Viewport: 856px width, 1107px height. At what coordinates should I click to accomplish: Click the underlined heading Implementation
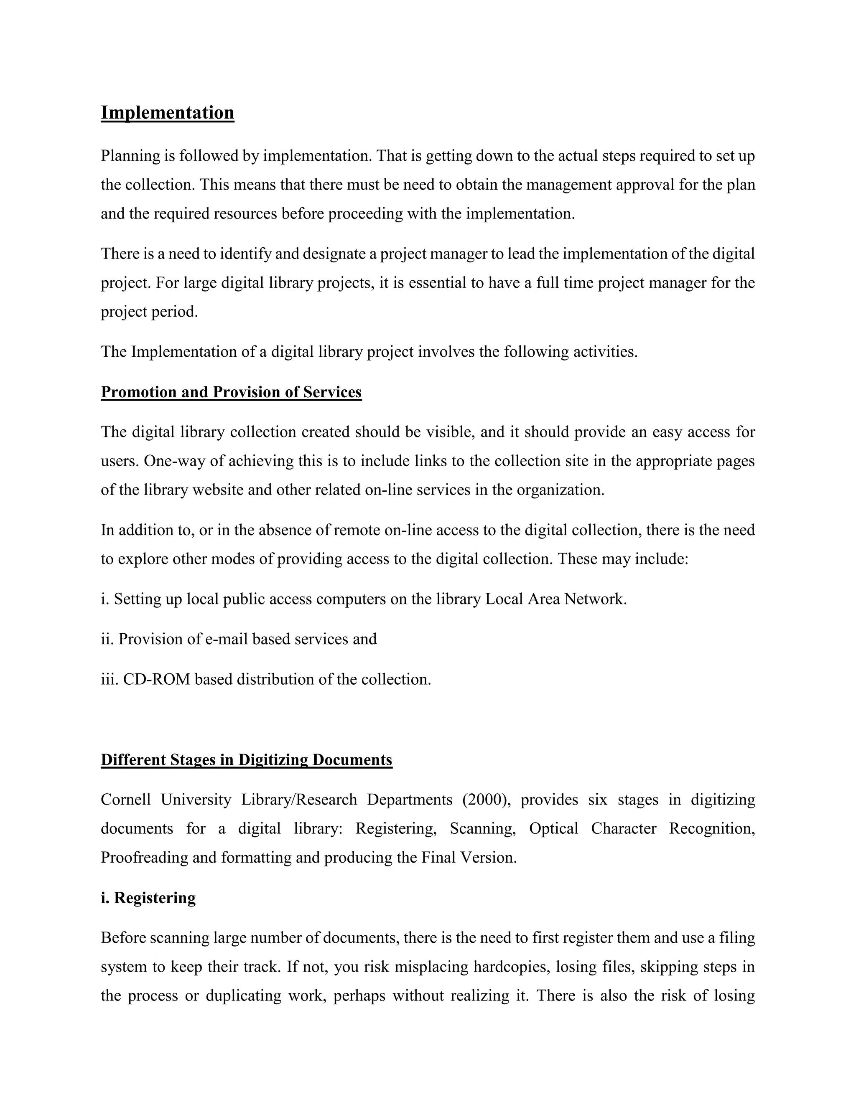point(167,112)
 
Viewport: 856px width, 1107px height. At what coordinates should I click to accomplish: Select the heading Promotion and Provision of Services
point(231,392)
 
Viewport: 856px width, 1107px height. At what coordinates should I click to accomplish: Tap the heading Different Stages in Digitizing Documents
point(247,759)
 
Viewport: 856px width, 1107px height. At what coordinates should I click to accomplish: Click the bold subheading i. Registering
point(148,898)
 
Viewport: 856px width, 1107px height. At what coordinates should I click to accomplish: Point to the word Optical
point(554,828)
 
